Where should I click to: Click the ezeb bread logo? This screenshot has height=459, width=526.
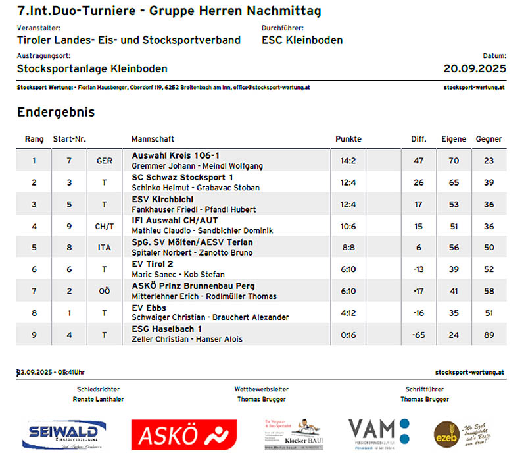[467, 433]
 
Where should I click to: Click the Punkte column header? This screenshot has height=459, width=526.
[348, 139]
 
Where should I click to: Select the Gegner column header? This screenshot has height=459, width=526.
[489, 139]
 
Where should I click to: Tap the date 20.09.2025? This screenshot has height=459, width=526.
[475, 68]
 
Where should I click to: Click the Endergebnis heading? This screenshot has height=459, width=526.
[56, 112]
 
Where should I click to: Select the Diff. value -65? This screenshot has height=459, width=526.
[418, 335]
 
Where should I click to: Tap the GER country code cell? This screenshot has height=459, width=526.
[104, 161]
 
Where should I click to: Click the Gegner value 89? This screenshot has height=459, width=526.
[489, 335]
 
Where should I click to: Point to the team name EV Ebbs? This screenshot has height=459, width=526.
[149, 308]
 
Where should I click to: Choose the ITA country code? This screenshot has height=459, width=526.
[104, 248]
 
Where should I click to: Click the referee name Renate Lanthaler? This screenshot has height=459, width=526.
[98, 399]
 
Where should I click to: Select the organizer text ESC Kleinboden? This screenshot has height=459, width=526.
[302, 40]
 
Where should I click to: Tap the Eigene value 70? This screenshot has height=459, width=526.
[454, 161]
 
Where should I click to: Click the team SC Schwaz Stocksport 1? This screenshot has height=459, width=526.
[182, 177]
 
